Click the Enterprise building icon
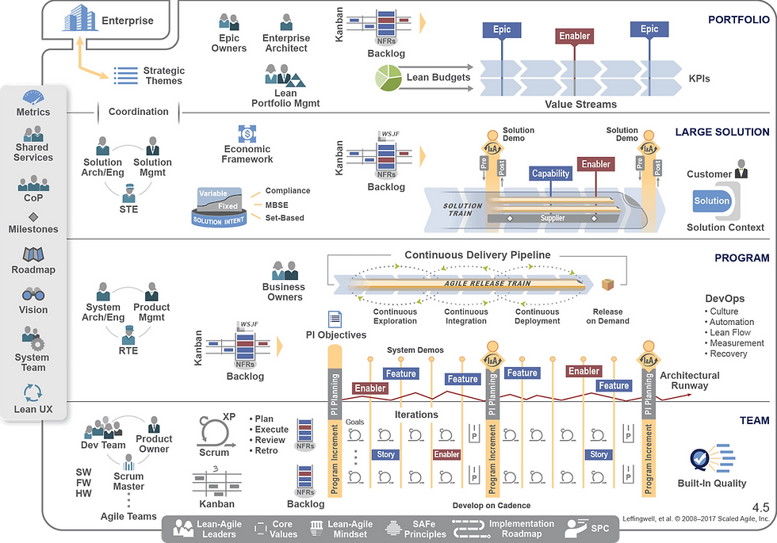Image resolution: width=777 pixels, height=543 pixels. click(x=81, y=19)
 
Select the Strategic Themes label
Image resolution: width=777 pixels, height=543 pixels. click(x=163, y=75)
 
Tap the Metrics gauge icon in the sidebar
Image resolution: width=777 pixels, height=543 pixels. click(x=33, y=98)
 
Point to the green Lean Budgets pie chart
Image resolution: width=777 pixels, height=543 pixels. click(x=388, y=78)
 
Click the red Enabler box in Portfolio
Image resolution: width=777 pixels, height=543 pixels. click(x=574, y=36)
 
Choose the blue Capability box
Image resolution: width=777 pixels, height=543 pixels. click(x=550, y=174)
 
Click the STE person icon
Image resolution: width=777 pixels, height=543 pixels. click(x=128, y=192)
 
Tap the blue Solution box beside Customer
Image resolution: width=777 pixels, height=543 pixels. click(x=711, y=201)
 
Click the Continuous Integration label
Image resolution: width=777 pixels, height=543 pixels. click(x=465, y=315)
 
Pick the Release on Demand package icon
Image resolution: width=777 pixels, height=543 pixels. click(x=608, y=285)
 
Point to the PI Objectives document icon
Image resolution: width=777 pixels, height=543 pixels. click(x=335, y=319)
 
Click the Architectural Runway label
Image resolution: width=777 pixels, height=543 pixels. click(x=689, y=380)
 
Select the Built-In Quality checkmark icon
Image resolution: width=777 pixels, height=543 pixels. click(x=699, y=459)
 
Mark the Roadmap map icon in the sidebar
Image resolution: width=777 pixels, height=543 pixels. click(x=33, y=254)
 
